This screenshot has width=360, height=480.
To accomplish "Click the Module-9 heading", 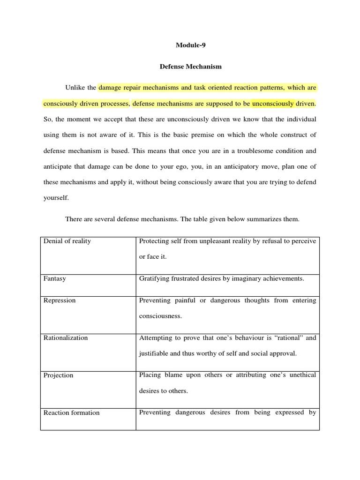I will (191, 45).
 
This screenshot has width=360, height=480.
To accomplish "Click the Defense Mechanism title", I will (191, 67).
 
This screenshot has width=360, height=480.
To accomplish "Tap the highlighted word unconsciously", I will (273, 103).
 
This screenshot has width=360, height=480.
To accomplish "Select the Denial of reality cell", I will (67, 241).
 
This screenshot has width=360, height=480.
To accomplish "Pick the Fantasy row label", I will (55, 278).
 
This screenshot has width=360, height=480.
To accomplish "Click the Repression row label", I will (60, 300).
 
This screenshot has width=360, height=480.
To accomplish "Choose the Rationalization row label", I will (66, 337).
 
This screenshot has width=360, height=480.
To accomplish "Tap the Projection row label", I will (59, 375).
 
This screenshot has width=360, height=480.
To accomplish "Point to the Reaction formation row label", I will (72, 412).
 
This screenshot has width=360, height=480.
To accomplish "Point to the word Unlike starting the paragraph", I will (74, 88).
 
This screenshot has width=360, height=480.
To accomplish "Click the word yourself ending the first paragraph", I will (56, 198).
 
